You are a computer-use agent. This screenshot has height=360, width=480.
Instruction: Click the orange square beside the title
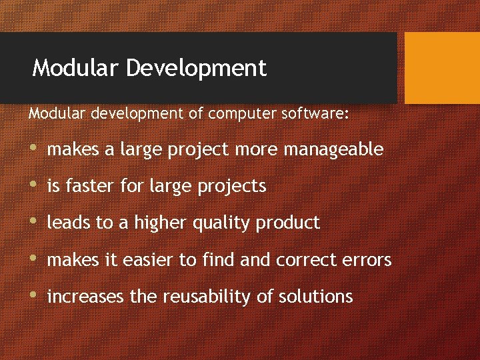tap(442, 68)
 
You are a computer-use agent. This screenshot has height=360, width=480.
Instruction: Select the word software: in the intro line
tap(313, 114)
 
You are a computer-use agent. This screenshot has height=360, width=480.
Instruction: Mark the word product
tap(291, 223)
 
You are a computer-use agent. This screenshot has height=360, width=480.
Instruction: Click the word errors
tap(369, 259)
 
